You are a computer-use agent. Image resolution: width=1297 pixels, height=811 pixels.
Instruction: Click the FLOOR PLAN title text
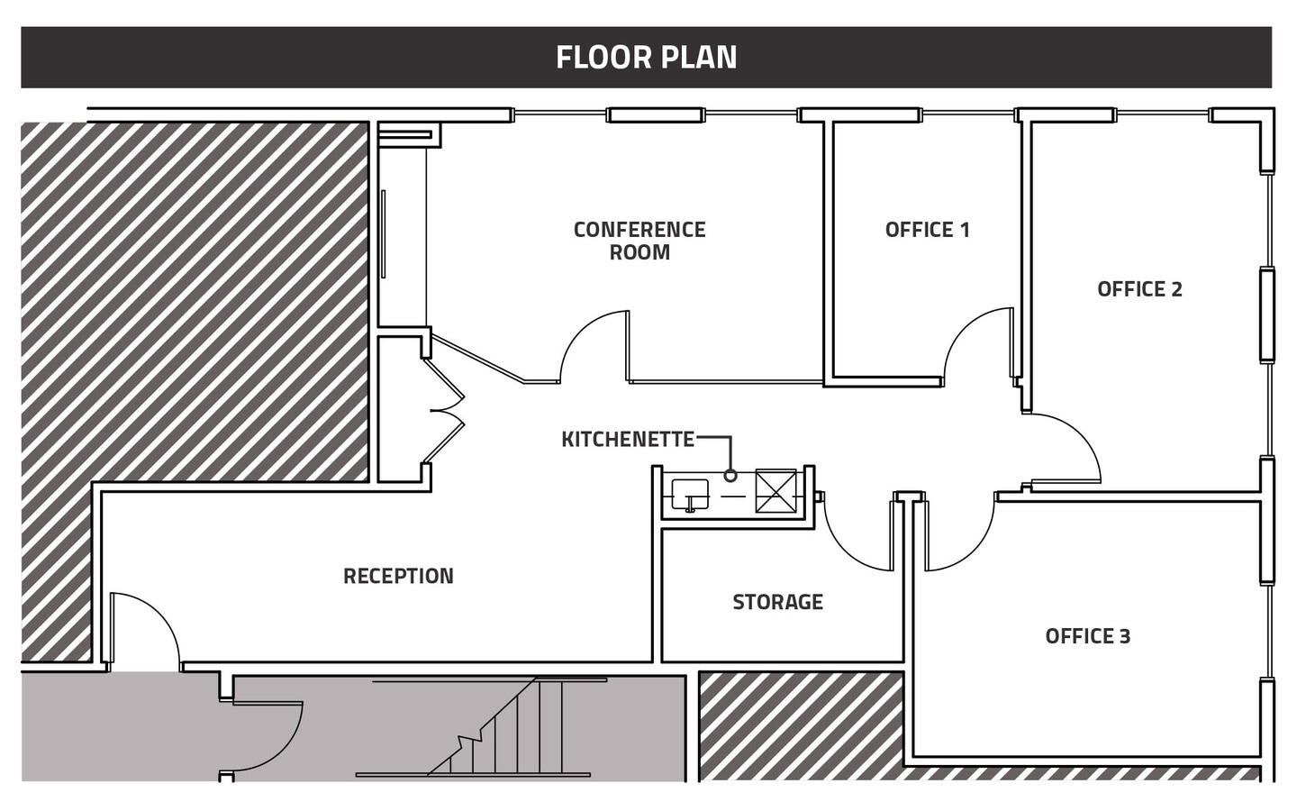pyautogui.click(x=646, y=58)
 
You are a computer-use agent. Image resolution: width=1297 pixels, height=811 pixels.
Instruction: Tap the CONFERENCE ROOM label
pyautogui.click(x=639, y=241)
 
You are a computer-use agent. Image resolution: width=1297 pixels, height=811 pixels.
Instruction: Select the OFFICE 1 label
pyautogui.click(x=927, y=230)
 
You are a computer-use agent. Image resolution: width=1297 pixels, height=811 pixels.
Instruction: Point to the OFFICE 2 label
pyautogui.click(x=1139, y=289)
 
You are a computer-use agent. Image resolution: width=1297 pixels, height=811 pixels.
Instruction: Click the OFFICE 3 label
pyautogui.click(x=1087, y=636)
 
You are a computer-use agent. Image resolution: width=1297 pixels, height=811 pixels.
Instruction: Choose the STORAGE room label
pyautogui.click(x=777, y=602)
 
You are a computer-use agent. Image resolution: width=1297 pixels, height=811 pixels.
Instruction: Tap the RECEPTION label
pyautogui.click(x=398, y=576)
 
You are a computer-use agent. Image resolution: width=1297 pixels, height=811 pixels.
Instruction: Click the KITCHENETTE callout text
pyautogui.click(x=628, y=440)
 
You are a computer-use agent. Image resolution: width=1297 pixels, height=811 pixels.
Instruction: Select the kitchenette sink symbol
pyautogui.click(x=690, y=494)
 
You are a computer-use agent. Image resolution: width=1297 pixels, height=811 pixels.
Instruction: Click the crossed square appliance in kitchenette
pyautogui.click(x=775, y=491)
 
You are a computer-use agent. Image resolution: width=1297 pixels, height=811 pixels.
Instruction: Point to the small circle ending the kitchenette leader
pyautogui.click(x=730, y=475)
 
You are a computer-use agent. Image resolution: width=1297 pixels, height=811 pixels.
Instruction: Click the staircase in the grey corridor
pyautogui.click(x=504, y=730)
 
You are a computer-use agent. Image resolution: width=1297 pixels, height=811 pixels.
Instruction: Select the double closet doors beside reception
pyautogui.click(x=446, y=410)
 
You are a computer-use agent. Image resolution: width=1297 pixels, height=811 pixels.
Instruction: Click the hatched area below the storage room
pyautogui.click(x=800, y=725)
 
